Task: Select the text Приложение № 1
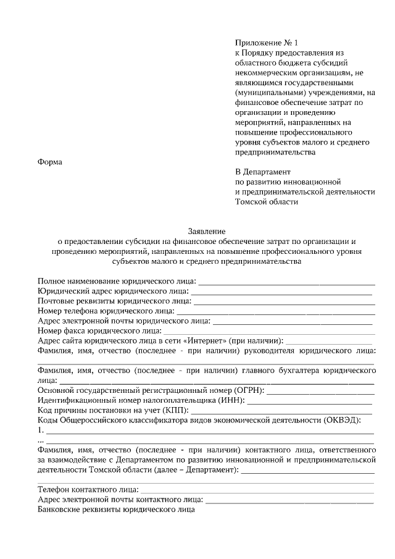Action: pyautogui.click(x=266, y=43)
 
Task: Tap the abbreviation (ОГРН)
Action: pyautogui.click(x=248, y=390)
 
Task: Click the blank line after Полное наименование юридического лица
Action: pyautogui.click(x=286, y=282)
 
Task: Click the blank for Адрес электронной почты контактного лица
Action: pyautogui.click(x=289, y=500)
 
